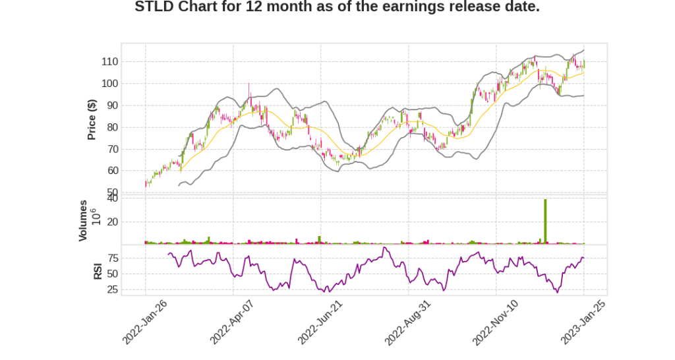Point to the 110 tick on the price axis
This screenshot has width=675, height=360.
[x=109, y=62]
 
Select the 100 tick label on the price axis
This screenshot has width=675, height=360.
[x=109, y=84]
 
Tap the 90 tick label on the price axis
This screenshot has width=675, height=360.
[x=111, y=105]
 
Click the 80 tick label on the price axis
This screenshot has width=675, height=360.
[x=111, y=127]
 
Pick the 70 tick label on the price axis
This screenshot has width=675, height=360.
[x=111, y=149]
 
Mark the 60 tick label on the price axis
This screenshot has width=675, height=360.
[x=111, y=171]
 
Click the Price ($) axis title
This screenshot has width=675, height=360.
[x=92, y=119]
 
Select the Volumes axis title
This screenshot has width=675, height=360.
[x=83, y=220]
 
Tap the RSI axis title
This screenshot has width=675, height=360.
[x=98, y=270]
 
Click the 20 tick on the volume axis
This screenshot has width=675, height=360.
[x=111, y=222]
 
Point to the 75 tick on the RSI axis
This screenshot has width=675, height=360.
[x=111, y=258]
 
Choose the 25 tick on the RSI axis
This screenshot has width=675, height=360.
[x=111, y=289]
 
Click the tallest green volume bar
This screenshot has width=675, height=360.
[x=545, y=222]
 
